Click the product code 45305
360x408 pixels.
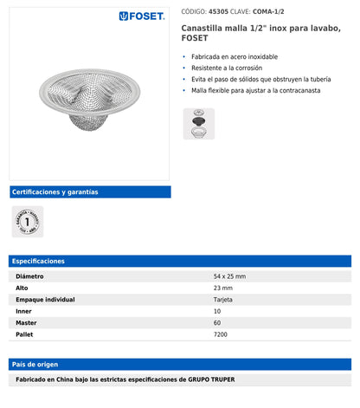219,12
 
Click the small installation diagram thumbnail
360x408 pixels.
198,125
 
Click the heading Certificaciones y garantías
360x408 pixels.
55,191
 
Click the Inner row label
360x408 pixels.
24,310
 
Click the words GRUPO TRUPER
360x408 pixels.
211,380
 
